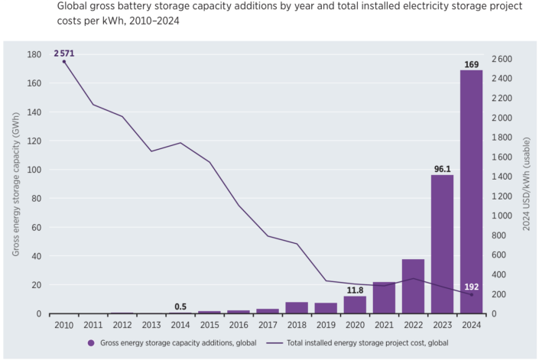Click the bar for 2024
(x=471, y=191)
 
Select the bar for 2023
(x=442, y=244)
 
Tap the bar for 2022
(x=413, y=286)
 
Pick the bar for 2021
(x=383, y=297)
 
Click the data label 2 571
(x=64, y=53)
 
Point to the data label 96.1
(x=442, y=167)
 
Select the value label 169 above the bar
(x=471, y=63)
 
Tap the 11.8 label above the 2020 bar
(x=354, y=290)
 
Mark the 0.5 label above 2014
(x=180, y=306)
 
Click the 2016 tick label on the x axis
(x=239, y=324)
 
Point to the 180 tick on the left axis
(x=34, y=55)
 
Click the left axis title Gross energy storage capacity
(x=15, y=183)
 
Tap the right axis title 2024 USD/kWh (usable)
(x=526, y=183)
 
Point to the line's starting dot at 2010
(x=64, y=61)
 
